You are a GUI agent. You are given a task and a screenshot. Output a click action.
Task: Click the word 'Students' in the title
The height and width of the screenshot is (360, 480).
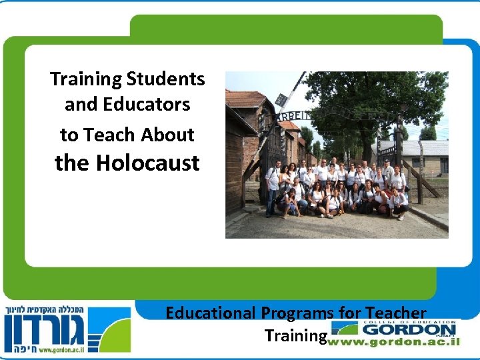[x=165, y=79]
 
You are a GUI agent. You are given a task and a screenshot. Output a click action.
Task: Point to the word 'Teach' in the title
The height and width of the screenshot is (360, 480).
[x=117, y=135]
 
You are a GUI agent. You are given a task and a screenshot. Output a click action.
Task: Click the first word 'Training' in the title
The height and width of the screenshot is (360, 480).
[x=86, y=79]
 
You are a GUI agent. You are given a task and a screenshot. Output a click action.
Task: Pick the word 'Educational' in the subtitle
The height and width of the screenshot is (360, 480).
[x=211, y=313]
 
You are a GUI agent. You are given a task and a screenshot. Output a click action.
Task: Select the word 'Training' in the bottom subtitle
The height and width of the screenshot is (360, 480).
[x=294, y=335]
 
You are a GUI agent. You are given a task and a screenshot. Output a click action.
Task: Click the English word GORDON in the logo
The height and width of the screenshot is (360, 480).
[x=409, y=329]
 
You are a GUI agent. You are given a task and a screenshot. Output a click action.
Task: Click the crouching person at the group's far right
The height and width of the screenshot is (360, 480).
[x=399, y=204]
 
